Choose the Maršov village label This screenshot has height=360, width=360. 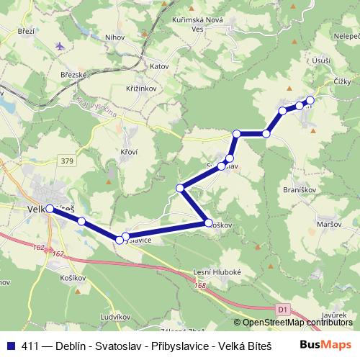tap(329, 224)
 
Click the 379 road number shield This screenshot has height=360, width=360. tap(68, 161)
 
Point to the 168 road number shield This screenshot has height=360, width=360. tap(199, 287)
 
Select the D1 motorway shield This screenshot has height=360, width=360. tap(283, 309)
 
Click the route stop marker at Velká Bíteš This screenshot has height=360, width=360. tap(50, 209)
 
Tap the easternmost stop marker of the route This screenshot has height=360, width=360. tap(310, 100)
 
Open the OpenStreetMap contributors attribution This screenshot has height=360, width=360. tap(297, 323)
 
